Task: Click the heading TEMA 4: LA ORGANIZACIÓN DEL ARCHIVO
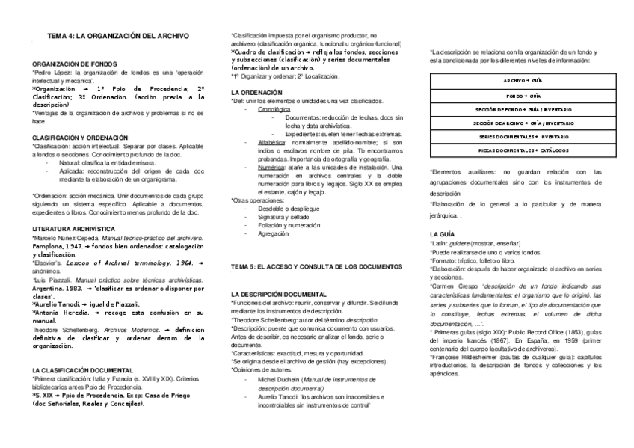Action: point(118,35)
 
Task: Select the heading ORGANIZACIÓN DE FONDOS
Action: point(73,65)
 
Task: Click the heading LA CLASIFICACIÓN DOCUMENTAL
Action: point(82,370)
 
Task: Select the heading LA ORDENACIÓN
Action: point(256,91)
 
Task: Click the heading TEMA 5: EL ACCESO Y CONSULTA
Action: point(317,266)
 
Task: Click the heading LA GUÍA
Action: point(442,235)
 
